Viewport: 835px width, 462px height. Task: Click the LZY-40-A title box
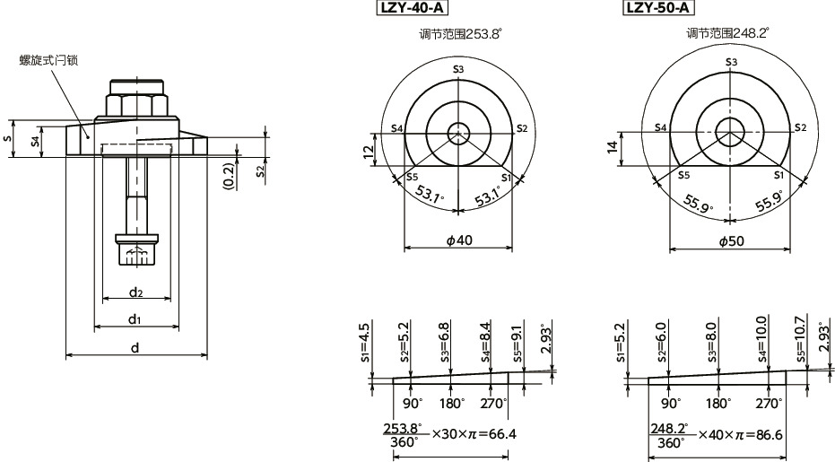pos(412,9)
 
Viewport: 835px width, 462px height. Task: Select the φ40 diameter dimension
pos(458,240)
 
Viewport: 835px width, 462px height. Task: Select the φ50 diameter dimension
pos(731,240)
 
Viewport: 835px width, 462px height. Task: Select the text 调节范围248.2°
pos(727,34)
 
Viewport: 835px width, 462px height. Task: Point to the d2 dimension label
pos(135,292)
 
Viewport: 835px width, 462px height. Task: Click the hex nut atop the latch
pos(136,101)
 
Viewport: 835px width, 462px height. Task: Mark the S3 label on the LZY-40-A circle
pos(458,69)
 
